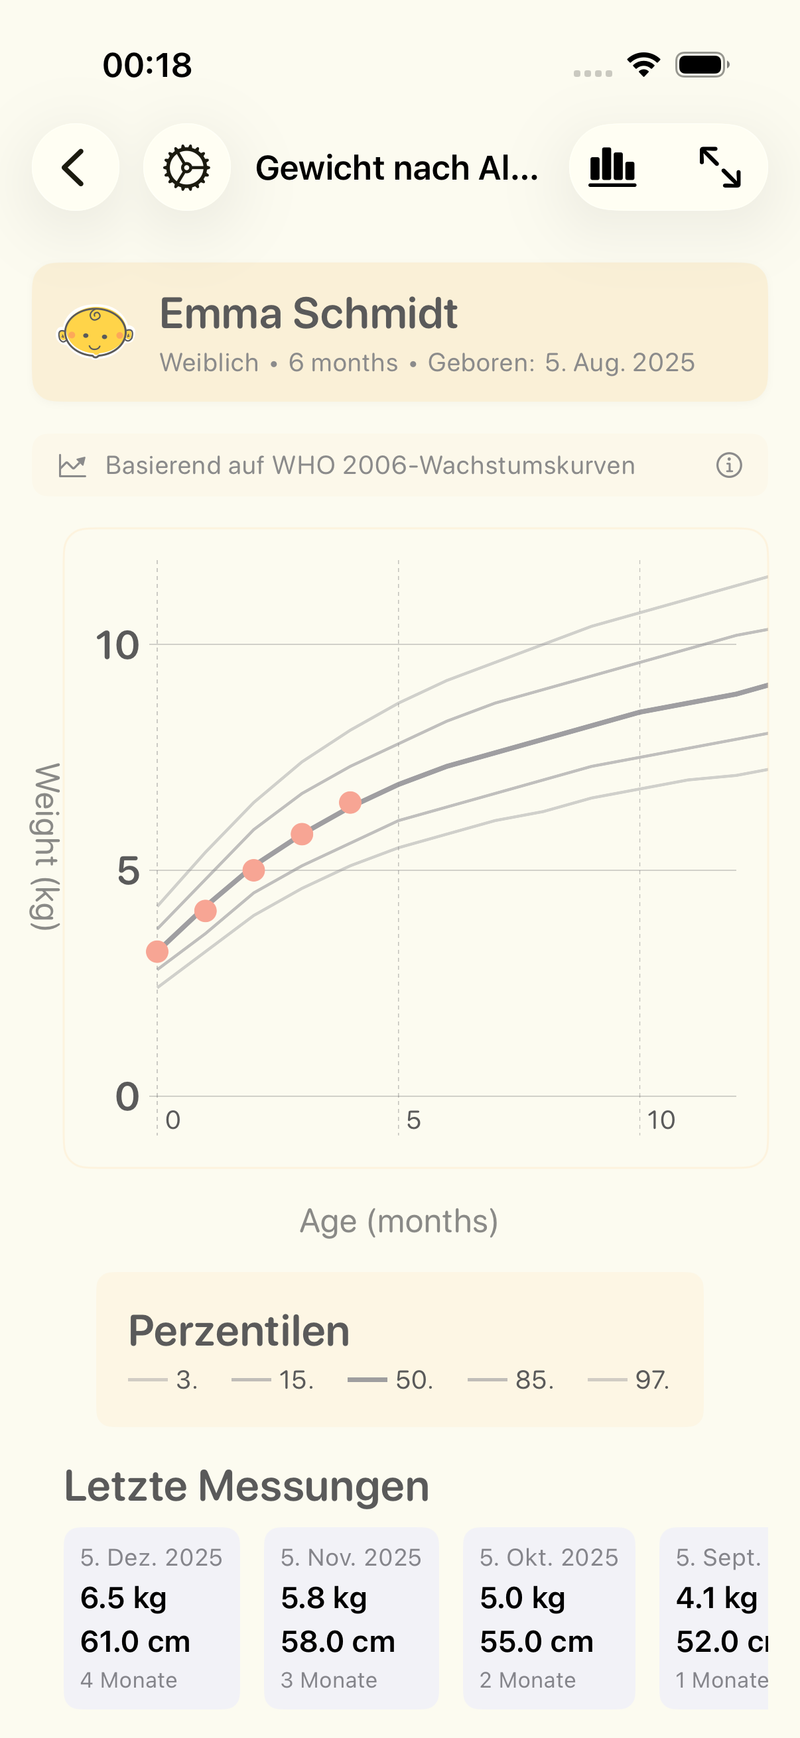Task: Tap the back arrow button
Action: click(75, 167)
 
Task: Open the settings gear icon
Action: click(186, 167)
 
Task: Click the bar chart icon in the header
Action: click(612, 167)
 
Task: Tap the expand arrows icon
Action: click(720, 167)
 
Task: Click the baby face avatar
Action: click(95, 332)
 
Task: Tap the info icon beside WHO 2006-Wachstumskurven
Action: click(728, 465)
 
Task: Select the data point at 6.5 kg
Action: click(350, 802)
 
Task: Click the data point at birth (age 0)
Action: click(157, 951)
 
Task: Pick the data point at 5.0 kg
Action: click(254, 870)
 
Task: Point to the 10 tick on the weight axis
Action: click(117, 646)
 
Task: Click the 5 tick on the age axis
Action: click(413, 1121)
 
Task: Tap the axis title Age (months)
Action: click(399, 1221)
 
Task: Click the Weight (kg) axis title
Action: click(46, 846)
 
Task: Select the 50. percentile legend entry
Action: click(391, 1380)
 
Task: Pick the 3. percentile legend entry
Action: click(163, 1380)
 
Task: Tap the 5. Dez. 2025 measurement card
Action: click(152, 1617)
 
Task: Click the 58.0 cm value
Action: click(338, 1641)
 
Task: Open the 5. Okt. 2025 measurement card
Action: click(549, 1617)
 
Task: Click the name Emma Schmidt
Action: click(308, 314)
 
